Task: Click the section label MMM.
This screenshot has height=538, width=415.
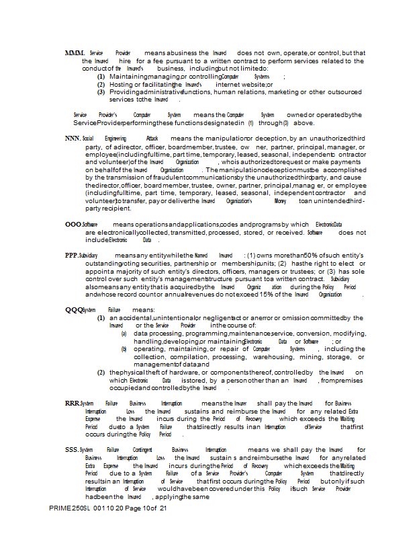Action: tap(75, 52)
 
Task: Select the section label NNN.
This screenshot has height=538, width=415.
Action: tap(74, 138)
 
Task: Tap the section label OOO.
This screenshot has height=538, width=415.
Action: tap(73, 224)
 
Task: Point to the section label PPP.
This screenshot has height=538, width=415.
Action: tap(72, 256)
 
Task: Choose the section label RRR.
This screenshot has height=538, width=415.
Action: tap(72, 403)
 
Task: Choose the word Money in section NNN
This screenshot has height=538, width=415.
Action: tap(280, 200)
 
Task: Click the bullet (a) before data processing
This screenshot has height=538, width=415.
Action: tap(124, 334)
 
